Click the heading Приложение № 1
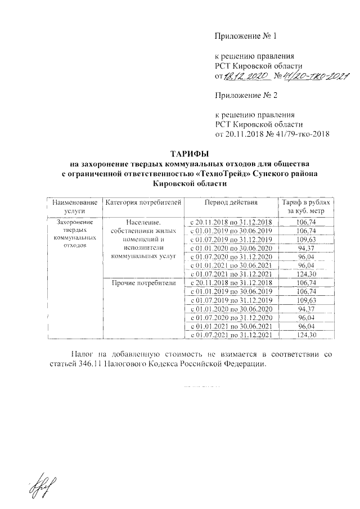click(x=246, y=37)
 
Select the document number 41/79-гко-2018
click(x=296, y=134)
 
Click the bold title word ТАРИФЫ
click(x=189, y=154)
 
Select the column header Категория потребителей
click(x=144, y=201)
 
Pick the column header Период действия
click(x=231, y=201)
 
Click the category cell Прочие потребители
click(x=144, y=282)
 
